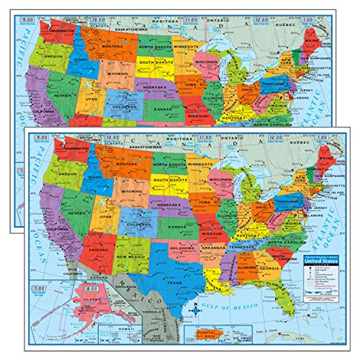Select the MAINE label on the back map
[320, 34]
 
